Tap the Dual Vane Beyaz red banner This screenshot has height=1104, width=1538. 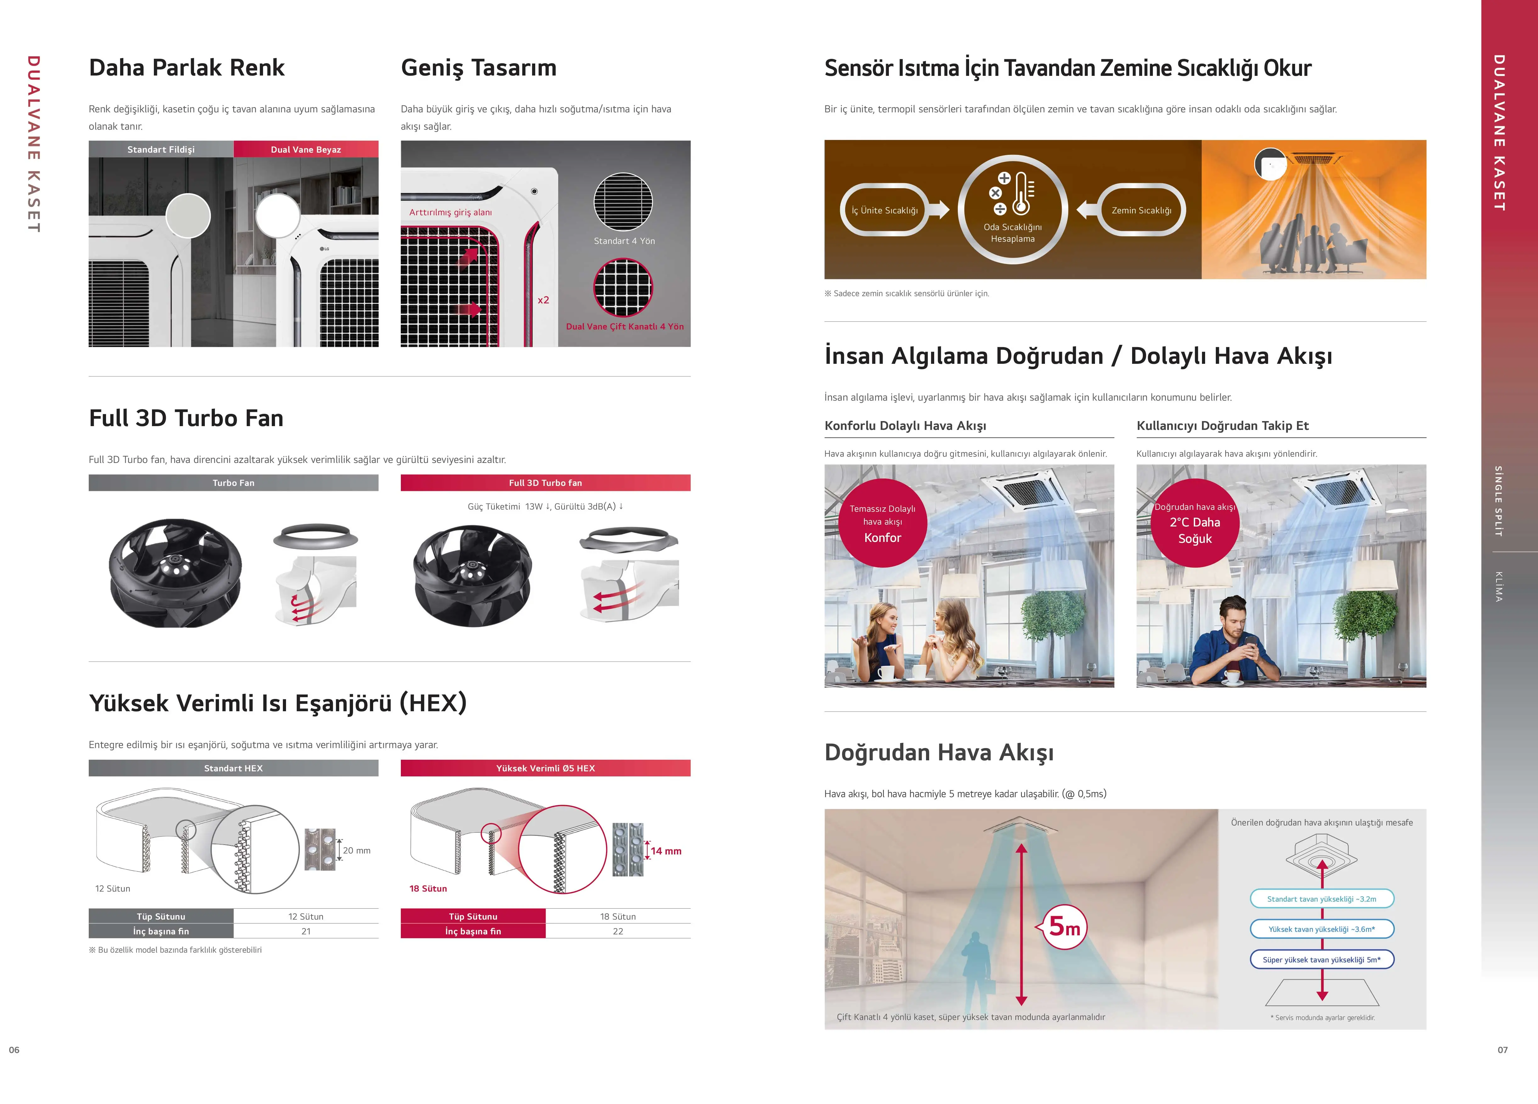[306, 149]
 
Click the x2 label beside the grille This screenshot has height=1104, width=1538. [543, 300]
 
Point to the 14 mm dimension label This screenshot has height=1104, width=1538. [666, 851]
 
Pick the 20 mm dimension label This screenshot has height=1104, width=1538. [357, 850]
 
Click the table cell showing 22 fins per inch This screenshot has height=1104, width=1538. [618, 931]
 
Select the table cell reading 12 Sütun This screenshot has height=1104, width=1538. [306, 916]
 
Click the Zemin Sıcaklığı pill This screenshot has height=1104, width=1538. [1141, 210]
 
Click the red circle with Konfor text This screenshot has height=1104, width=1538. [882, 523]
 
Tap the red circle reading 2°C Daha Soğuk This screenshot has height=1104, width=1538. [1195, 523]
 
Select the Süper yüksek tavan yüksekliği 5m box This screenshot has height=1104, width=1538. [1322, 960]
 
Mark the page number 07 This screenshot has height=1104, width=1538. [1503, 1050]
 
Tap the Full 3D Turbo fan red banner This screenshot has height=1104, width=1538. [545, 483]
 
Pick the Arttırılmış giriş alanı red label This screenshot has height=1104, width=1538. [450, 212]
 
